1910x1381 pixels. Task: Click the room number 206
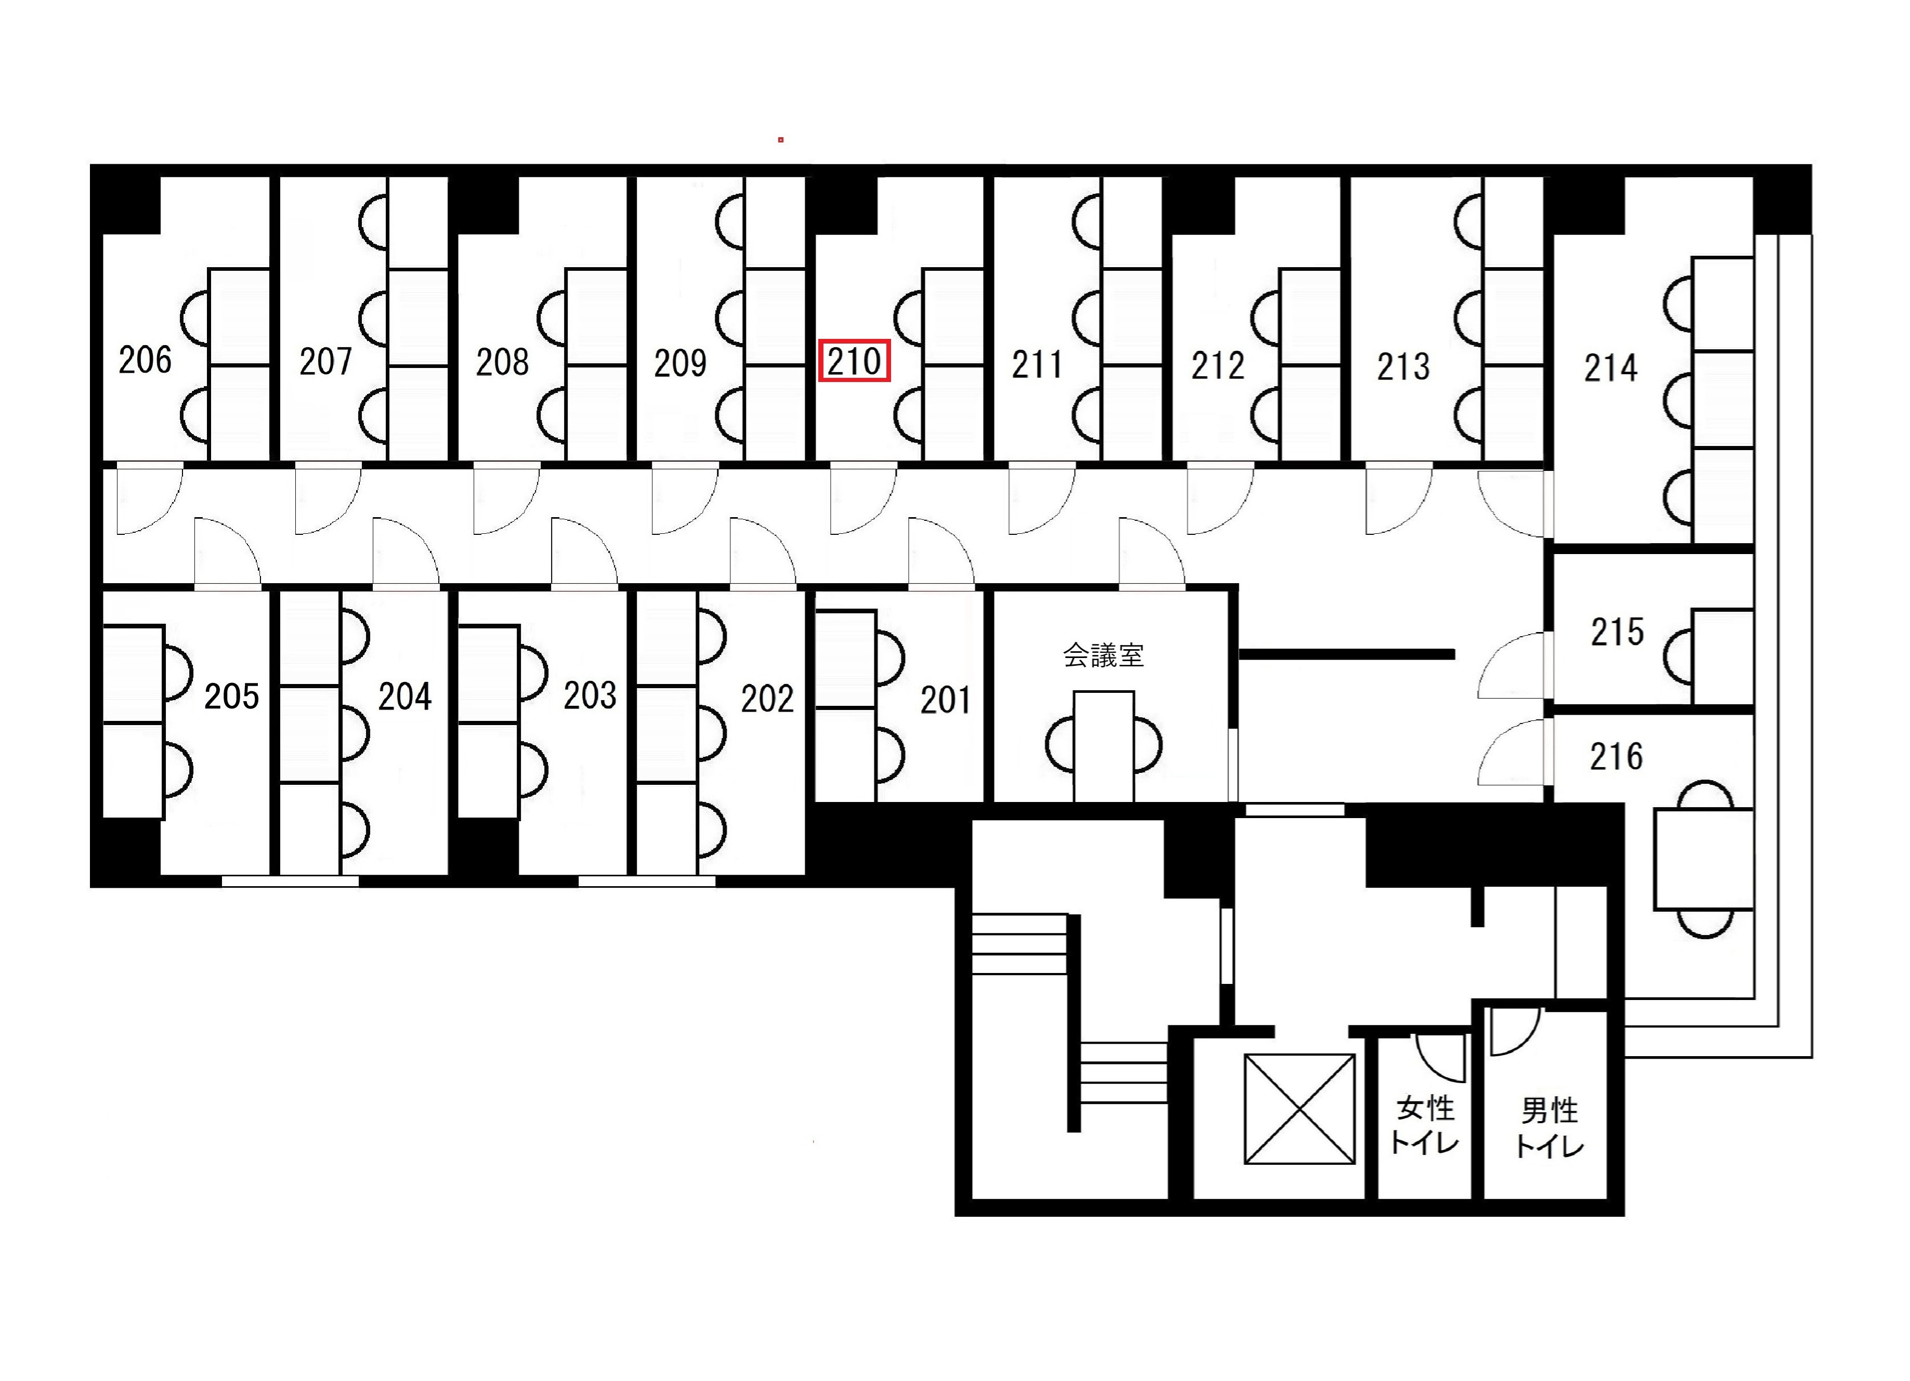click(145, 360)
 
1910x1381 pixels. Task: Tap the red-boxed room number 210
click(854, 361)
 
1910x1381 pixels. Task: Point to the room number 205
click(231, 696)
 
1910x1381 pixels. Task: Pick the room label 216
click(1616, 757)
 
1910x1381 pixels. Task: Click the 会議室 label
click(1103, 655)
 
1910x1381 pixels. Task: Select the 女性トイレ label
click(1425, 1125)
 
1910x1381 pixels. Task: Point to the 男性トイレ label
click(1550, 1127)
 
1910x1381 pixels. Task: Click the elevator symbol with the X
click(1300, 1110)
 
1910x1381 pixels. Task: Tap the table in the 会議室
click(1103, 746)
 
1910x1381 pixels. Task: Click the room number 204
click(404, 697)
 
